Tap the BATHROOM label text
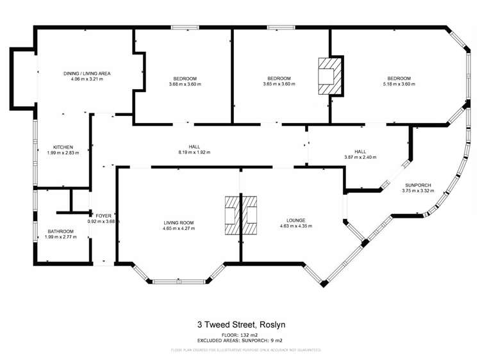[x=62, y=231]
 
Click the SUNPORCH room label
[x=416, y=185]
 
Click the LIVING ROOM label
[x=178, y=223]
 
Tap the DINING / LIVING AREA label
[x=87, y=74]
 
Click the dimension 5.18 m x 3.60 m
[x=396, y=84]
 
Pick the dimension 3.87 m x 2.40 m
[x=361, y=158]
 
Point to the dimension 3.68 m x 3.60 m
[x=185, y=84]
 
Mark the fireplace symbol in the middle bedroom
[x=331, y=76]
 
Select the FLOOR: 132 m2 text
[x=240, y=335]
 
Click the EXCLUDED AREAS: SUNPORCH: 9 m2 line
[x=240, y=341]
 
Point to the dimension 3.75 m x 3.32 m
[x=417, y=191]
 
